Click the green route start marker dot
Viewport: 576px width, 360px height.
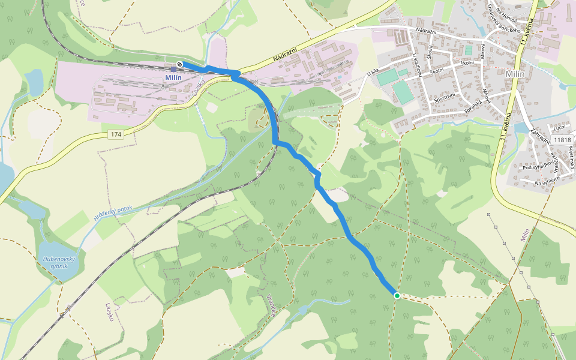(x=397, y=295)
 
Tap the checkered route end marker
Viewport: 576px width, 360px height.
(x=179, y=64)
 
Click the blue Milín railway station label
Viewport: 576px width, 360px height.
(x=172, y=78)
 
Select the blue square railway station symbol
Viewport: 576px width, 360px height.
(x=173, y=69)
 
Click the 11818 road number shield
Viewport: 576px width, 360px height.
(x=563, y=140)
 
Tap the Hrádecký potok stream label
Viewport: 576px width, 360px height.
(x=113, y=212)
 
